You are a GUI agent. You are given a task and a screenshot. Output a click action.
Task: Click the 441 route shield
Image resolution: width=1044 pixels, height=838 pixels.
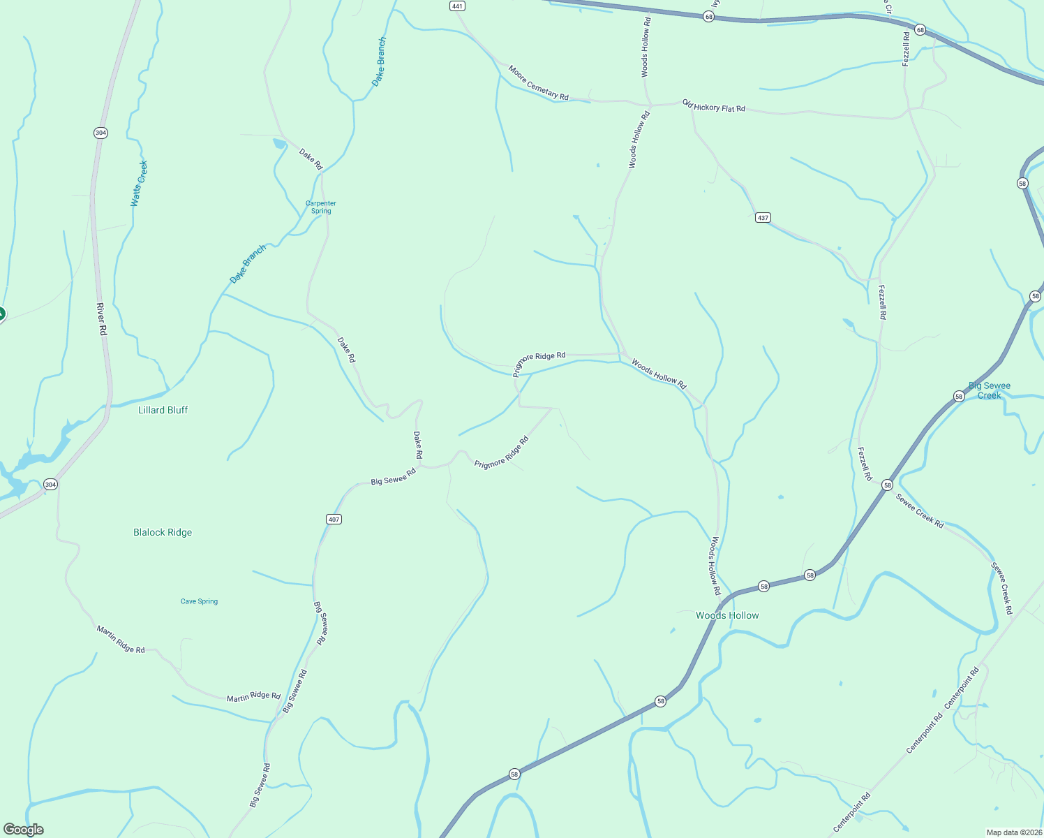pos(457,6)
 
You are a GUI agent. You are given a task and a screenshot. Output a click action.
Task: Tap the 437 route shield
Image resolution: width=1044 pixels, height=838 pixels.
pos(763,218)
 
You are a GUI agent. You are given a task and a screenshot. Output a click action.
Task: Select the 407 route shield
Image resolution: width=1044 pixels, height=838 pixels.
pos(334,519)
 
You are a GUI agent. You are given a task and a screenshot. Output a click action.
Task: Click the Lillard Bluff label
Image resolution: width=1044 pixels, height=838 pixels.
pos(163,410)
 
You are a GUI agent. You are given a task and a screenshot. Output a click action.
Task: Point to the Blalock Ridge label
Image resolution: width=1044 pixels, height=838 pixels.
pos(163,532)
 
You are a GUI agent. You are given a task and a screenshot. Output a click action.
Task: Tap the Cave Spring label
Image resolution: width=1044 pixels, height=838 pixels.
pos(199,601)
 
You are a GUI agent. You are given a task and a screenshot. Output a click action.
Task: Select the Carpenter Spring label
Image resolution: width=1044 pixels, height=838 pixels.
pos(321,207)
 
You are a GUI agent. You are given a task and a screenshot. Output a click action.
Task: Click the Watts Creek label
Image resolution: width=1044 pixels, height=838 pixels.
pos(139,184)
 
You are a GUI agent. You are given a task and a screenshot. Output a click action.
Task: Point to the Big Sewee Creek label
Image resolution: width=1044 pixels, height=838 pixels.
pos(990,390)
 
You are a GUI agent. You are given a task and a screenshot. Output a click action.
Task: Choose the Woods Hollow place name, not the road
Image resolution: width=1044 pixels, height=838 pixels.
pos(727,615)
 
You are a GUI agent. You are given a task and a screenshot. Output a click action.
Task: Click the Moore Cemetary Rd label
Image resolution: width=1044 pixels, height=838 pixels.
pos(538,83)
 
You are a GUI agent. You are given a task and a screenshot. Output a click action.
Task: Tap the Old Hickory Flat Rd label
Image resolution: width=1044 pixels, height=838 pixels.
pos(714,106)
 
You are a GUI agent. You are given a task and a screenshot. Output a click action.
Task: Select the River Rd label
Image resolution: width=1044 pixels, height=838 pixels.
pos(101,319)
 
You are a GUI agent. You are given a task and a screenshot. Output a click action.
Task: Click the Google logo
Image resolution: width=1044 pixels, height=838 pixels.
pos(23,830)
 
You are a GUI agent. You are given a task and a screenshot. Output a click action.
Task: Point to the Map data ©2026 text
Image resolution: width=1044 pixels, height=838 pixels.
pos(1013,832)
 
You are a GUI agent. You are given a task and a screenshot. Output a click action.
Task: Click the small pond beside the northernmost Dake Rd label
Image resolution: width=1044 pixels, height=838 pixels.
pos(279,144)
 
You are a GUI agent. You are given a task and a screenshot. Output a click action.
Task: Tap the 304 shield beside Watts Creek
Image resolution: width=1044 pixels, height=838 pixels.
pos(101,133)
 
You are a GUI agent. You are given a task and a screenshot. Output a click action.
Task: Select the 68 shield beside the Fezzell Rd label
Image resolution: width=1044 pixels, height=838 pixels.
pos(920,30)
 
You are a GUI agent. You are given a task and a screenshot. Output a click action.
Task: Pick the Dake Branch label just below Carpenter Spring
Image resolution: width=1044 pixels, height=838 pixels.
pos(248,264)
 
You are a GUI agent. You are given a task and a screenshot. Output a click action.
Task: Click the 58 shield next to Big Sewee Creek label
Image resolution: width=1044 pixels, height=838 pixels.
pos(959,396)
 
